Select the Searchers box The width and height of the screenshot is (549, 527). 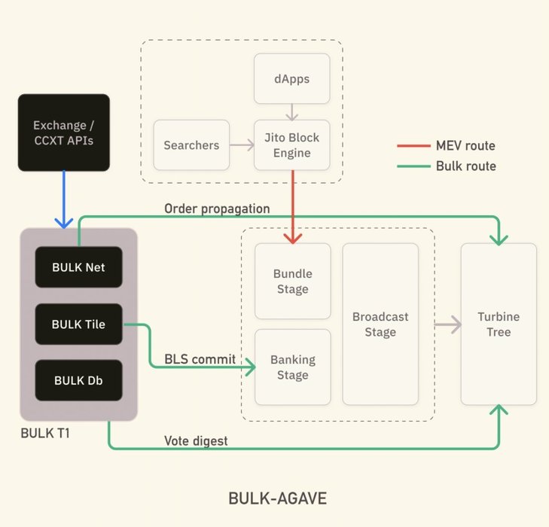click(191, 145)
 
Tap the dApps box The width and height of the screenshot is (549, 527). click(291, 78)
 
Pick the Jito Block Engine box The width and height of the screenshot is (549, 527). click(291, 145)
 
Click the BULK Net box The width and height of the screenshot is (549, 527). click(78, 266)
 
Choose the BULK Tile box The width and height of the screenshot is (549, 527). click(78, 324)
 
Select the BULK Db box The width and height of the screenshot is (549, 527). click(78, 380)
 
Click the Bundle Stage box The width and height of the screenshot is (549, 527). click(292, 281)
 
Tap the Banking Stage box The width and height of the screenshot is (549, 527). click(292, 367)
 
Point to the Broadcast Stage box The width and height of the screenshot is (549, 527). click(380, 324)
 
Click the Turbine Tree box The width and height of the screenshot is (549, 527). click(498, 324)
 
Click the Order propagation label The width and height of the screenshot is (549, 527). click(217, 208)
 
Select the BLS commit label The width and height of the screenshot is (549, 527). click(200, 360)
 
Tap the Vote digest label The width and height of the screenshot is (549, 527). click(196, 440)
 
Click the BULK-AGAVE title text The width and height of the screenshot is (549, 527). click(277, 498)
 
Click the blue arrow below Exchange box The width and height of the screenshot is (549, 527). click(63, 199)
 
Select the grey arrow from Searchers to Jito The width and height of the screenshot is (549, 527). click(242, 145)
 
